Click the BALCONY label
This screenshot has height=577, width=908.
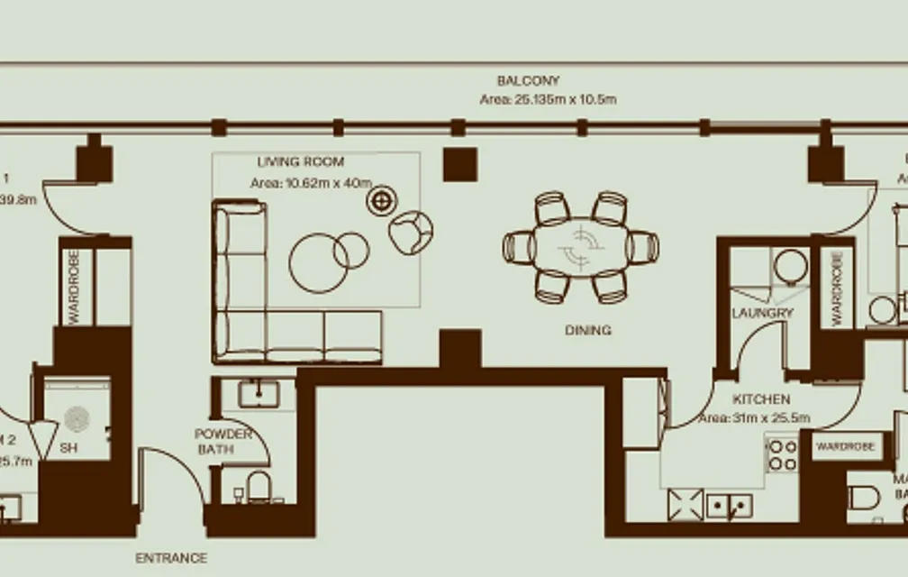(528, 80)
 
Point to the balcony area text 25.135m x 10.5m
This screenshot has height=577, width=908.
(548, 99)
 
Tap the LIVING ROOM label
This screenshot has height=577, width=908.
(300, 162)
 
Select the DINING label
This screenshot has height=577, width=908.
(587, 330)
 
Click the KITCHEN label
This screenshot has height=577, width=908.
(761, 398)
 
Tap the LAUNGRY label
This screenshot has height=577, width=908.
(762, 313)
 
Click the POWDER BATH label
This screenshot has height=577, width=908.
(222, 441)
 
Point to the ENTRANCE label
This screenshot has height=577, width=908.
(171, 558)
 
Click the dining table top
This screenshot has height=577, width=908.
(581, 247)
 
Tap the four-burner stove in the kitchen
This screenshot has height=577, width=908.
(782, 455)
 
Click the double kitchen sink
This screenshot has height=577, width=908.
(729, 506)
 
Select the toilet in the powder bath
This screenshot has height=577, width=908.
(259, 487)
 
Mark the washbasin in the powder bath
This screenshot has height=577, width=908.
(259, 394)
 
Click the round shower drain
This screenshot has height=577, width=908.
(77, 418)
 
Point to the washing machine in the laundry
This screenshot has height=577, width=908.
(790, 268)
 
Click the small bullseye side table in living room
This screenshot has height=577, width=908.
(382, 201)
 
